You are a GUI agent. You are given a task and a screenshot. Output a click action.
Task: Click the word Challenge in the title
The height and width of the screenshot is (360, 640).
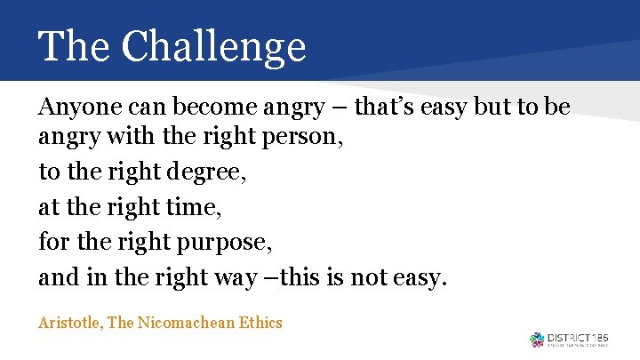pos(213,46)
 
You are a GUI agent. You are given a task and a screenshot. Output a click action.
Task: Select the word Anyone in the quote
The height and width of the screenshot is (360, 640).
pos(74,108)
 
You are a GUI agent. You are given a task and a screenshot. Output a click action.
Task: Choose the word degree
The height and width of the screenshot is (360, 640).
pos(213,173)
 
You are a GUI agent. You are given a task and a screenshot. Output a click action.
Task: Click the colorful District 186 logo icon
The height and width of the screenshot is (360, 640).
pos(537,340)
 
